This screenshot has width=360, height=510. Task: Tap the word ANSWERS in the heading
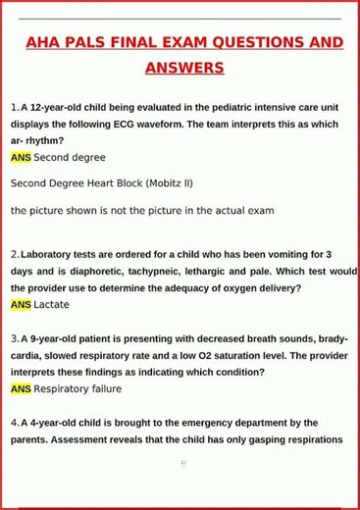[x=184, y=69]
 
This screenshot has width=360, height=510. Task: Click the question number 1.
[x=14, y=107]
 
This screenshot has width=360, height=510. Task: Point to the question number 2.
[x=14, y=254]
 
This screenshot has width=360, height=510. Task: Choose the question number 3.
[x=14, y=338]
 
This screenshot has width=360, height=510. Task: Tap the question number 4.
[x=14, y=423]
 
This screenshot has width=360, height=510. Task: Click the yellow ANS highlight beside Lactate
[x=21, y=305]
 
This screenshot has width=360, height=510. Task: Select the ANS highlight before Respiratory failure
[x=21, y=389]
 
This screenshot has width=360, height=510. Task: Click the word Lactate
[x=52, y=305]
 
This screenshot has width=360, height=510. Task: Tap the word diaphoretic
[x=95, y=271]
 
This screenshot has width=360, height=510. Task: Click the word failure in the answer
[x=102, y=389]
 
